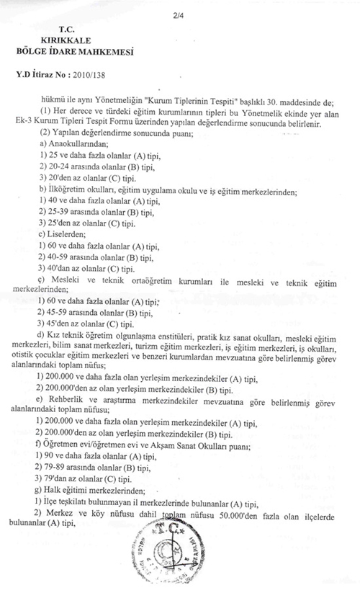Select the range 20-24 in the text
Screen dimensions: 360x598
(x=57, y=166)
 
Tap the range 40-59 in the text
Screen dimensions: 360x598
(x=57, y=257)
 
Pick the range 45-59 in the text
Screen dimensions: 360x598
(x=57, y=313)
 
